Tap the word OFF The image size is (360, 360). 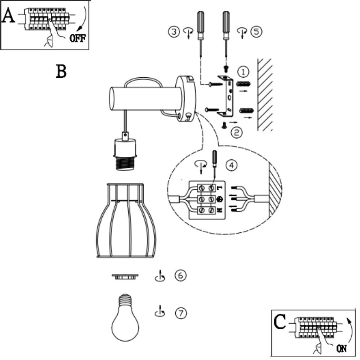(x=77, y=38)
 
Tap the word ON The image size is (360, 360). (x=341, y=348)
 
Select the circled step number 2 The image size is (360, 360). (x=236, y=132)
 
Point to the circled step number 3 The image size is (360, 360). (x=174, y=31)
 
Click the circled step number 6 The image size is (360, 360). (x=180, y=276)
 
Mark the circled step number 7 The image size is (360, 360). (x=181, y=313)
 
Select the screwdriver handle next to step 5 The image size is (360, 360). (x=226, y=21)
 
